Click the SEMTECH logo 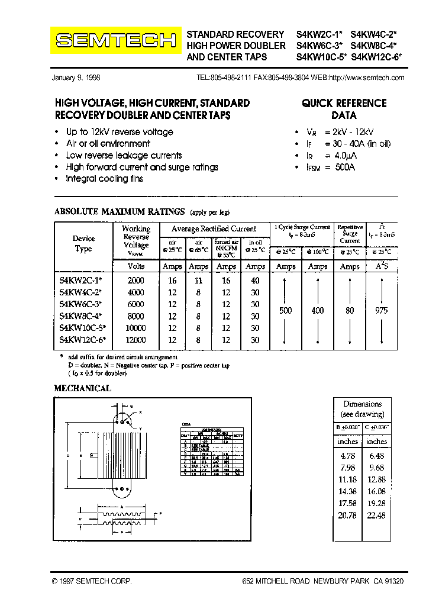(x=116, y=40)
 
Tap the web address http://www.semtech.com (x=366, y=78)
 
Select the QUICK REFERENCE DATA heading (x=344, y=109)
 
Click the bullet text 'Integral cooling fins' (x=104, y=179)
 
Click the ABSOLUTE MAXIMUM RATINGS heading (x=119, y=211)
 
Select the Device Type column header (x=83, y=243)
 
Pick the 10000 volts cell (x=135, y=328)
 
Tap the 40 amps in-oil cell (x=255, y=281)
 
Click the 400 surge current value (x=318, y=310)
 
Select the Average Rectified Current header (x=214, y=228)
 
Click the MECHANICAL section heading (x=82, y=388)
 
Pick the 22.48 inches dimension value (x=376, y=515)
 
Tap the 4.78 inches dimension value (x=347, y=456)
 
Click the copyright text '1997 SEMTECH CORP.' (x=93, y=582)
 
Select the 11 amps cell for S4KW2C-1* (x=198, y=281)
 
